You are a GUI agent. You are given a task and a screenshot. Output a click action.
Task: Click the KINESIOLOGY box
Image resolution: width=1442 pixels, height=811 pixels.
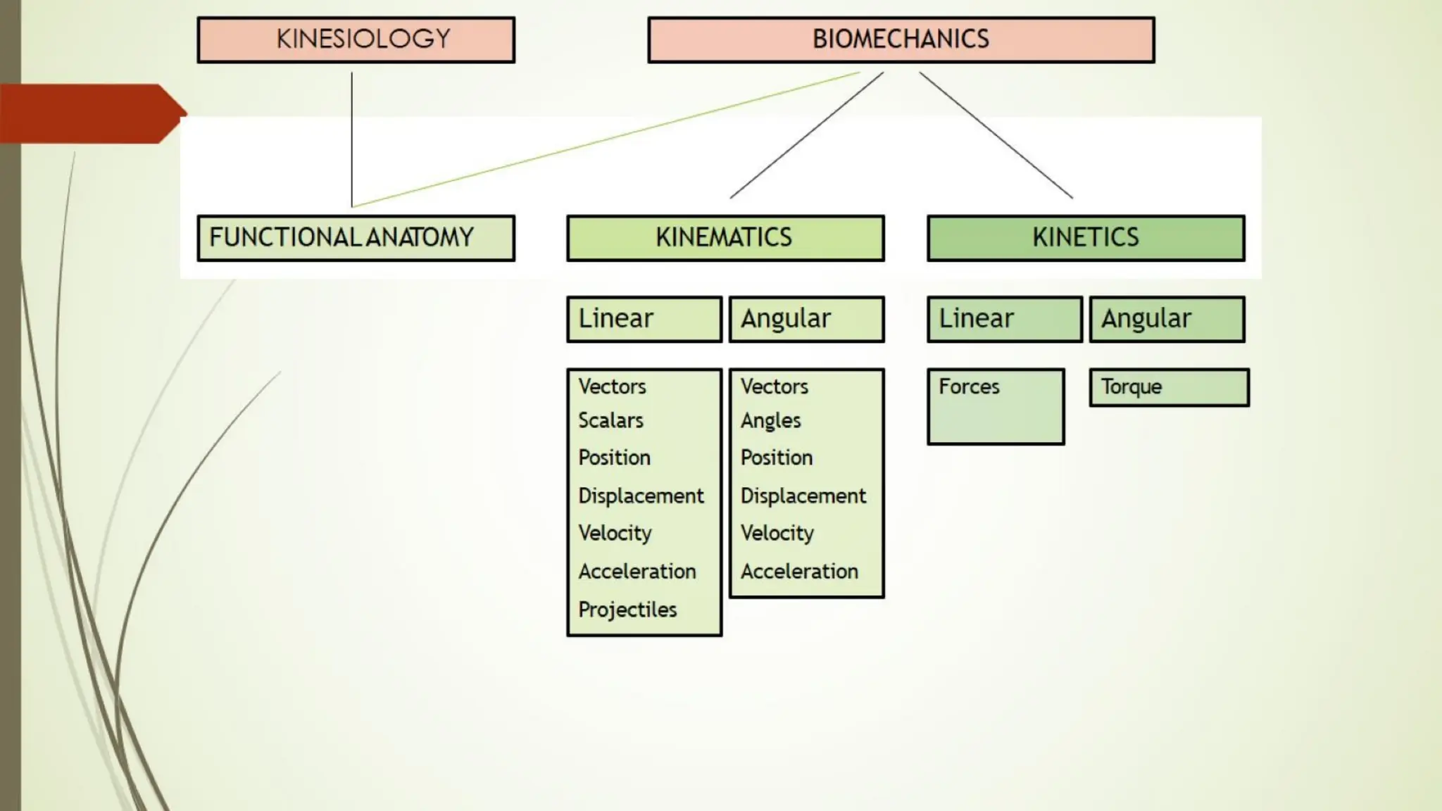pos(356,40)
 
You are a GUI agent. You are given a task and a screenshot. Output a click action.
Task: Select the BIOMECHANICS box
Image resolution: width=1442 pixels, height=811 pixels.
pos(901,40)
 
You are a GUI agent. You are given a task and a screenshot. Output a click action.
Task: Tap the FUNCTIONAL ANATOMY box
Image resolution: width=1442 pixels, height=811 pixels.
pos(356,238)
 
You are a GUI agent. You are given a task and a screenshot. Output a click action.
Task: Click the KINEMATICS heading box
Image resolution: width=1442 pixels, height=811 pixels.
pos(725,238)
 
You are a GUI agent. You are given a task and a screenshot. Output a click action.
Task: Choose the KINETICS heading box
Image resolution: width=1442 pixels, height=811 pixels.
pos(1086,238)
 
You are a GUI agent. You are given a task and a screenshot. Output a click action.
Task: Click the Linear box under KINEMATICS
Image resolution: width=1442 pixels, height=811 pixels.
pos(644,319)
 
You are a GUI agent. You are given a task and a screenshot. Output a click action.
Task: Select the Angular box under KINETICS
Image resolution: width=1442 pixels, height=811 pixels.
pos(1167,319)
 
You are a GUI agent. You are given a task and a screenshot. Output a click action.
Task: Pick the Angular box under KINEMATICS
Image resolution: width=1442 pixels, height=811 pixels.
pos(806,319)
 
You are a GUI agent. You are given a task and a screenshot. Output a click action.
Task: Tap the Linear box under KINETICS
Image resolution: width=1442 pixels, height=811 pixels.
pos(1005,319)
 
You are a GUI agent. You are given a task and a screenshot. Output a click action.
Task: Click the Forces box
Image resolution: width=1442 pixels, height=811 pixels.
pos(996,406)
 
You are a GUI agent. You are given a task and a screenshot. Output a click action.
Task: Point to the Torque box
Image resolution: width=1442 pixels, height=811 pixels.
pos(1169,387)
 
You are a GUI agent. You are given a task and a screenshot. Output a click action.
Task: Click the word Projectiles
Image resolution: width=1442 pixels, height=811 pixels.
pos(627,610)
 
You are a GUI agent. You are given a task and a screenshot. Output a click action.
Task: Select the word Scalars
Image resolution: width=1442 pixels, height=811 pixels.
pos(610,420)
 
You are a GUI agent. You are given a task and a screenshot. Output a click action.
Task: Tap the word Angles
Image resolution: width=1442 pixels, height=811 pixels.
pos(770,421)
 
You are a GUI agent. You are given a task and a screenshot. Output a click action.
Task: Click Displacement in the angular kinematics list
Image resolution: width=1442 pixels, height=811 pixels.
pos(803,496)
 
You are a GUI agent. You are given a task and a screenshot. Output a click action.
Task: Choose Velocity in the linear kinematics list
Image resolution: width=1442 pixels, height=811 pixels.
pos(615,533)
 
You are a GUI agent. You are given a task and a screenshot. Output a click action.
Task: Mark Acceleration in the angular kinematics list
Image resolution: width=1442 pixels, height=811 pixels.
pos(799,571)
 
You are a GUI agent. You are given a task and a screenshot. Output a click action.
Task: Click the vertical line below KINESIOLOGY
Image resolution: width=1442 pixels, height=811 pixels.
pos(352,141)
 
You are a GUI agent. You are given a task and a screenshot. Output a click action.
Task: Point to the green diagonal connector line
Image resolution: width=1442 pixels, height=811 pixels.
pos(606,138)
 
